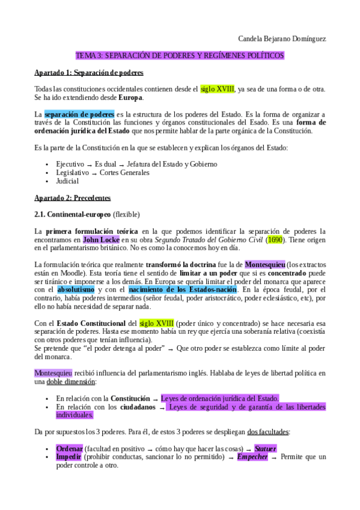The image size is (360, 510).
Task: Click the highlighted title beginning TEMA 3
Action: point(180,55)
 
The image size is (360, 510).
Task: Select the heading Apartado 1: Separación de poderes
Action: point(89,73)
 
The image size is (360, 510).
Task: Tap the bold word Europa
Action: point(130,97)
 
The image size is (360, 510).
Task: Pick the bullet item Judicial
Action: point(67,180)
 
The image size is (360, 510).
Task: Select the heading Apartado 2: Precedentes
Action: point(72,197)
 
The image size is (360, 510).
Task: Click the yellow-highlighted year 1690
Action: point(275,239)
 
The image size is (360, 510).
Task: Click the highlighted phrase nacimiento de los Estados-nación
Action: point(182,289)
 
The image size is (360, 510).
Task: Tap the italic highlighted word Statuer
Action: point(265,448)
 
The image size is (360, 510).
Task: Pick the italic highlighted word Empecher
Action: point(251,456)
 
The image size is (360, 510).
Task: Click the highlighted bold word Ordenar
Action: point(69,448)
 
